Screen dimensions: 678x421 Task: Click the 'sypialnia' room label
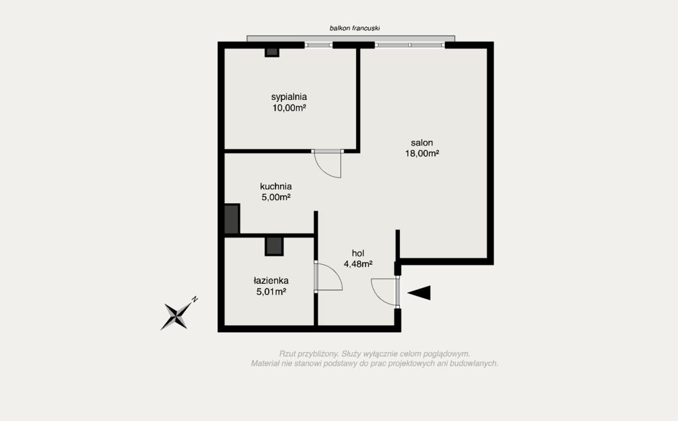click(289, 97)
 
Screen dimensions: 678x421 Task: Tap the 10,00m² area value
click(289, 108)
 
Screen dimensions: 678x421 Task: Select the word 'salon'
click(422, 142)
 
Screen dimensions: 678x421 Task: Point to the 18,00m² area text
click(422, 154)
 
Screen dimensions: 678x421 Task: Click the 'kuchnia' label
click(275, 187)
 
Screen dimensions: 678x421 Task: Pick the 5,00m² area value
click(276, 197)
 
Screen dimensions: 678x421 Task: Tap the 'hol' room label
click(358, 254)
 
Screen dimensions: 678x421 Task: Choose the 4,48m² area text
click(358, 264)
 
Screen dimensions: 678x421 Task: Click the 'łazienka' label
click(271, 281)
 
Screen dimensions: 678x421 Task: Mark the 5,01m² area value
click(271, 292)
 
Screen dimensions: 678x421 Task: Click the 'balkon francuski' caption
click(355, 28)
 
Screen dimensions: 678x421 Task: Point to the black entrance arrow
click(419, 293)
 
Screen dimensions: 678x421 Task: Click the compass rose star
click(176, 316)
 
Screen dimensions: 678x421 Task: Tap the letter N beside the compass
click(195, 299)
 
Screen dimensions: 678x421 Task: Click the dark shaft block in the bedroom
click(272, 52)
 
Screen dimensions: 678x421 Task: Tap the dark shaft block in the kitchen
click(232, 218)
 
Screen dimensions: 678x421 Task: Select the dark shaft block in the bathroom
click(274, 246)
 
